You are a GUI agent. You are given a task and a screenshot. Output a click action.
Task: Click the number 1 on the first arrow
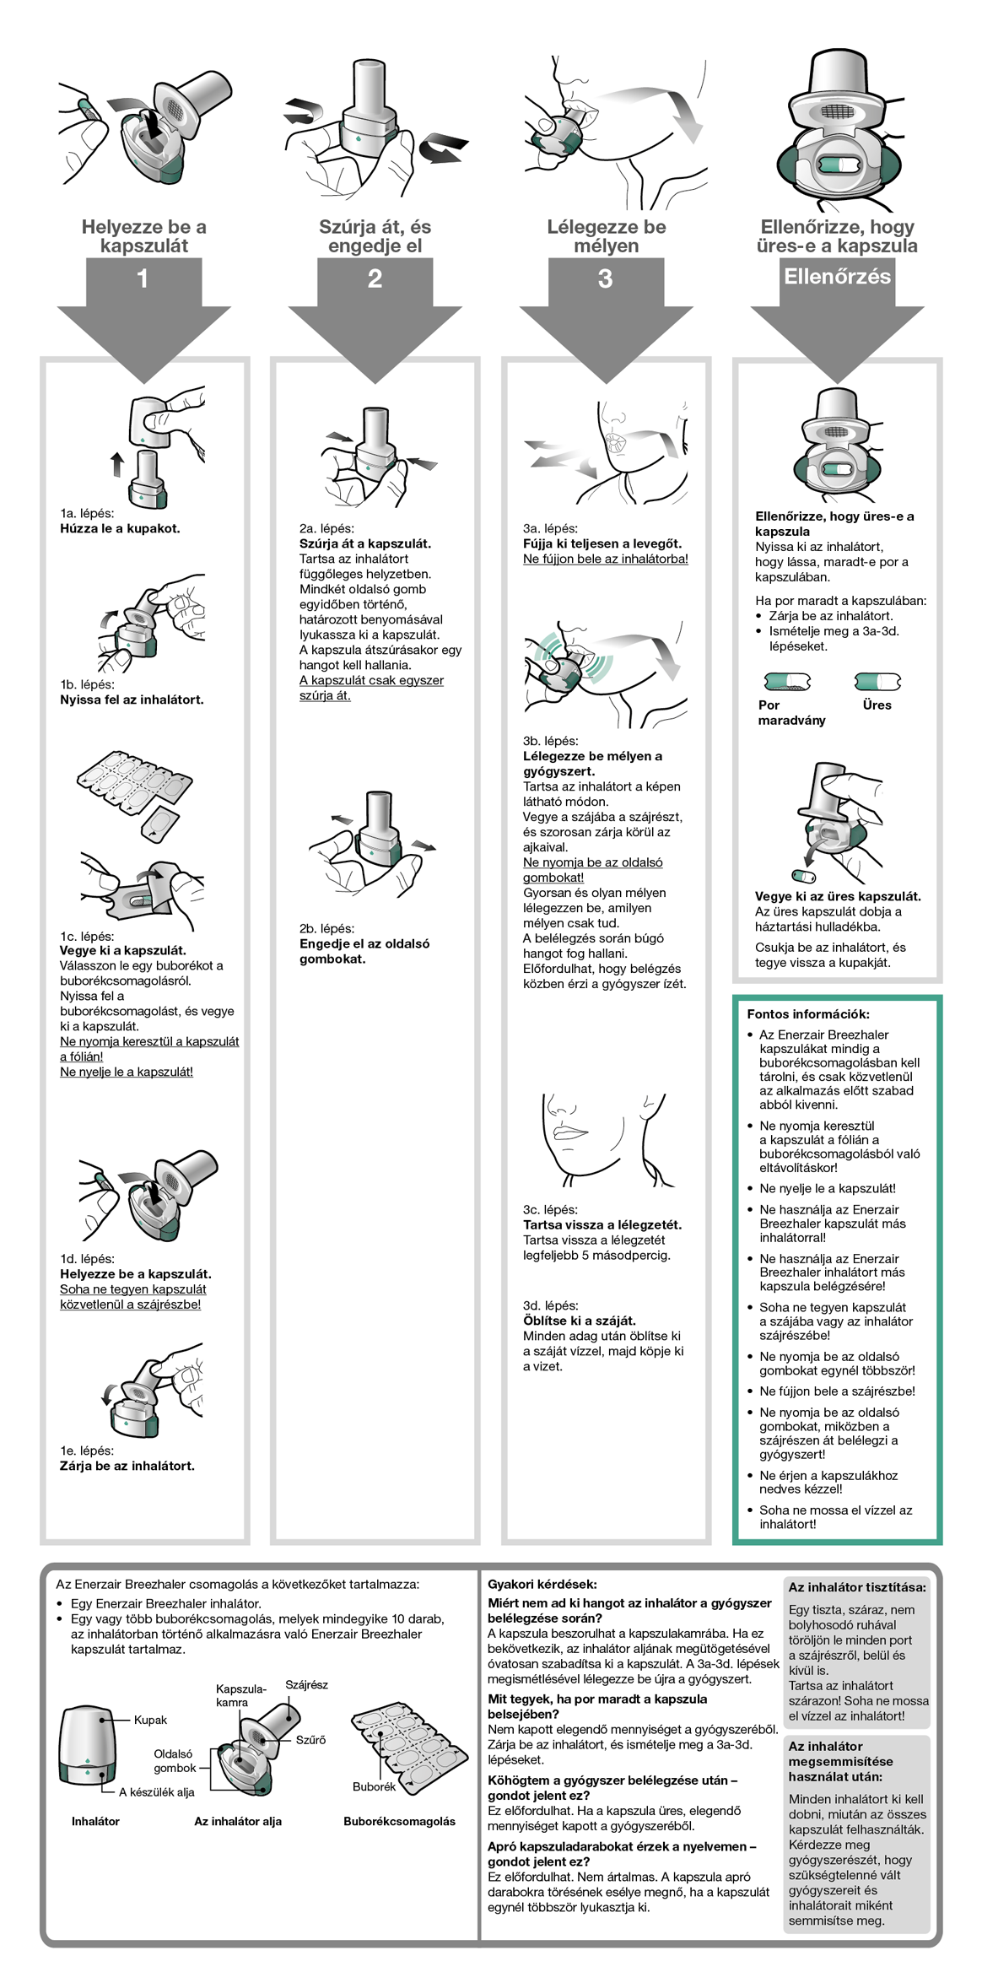click(x=143, y=278)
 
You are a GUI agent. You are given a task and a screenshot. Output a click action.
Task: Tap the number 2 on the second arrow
click(x=375, y=278)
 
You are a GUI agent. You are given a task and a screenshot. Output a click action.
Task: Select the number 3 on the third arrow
click(x=605, y=278)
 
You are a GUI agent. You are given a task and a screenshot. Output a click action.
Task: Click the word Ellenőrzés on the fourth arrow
click(x=837, y=277)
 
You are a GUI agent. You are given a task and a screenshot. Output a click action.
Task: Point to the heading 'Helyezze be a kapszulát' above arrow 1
click(x=143, y=236)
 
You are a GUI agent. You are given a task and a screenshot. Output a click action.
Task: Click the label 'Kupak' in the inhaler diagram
click(x=150, y=1720)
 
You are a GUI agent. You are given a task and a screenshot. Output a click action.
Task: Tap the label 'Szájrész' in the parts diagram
click(x=306, y=1684)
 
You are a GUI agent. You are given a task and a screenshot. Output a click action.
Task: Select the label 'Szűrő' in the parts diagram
click(x=310, y=1740)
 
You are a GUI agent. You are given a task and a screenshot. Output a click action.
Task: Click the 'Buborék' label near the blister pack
click(x=374, y=1786)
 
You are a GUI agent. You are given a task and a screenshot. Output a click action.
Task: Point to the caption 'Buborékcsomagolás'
click(x=399, y=1821)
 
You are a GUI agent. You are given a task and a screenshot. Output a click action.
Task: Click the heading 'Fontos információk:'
click(x=807, y=1014)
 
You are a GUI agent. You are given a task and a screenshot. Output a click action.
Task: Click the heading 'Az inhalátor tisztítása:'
click(x=857, y=1587)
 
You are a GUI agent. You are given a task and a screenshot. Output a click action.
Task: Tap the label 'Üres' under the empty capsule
click(x=877, y=705)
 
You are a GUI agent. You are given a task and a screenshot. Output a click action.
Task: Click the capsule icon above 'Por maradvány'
click(x=787, y=681)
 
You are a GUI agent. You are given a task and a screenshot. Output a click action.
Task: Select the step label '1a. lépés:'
click(x=87, y=513)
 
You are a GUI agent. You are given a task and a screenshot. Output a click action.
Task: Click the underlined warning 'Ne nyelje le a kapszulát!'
click(x=127, y=1072)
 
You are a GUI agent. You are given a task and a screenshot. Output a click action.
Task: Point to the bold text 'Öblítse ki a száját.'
click(x=579, y=1321)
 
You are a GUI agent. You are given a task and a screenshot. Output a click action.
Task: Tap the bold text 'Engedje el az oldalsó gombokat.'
click(x=364, y=951)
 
